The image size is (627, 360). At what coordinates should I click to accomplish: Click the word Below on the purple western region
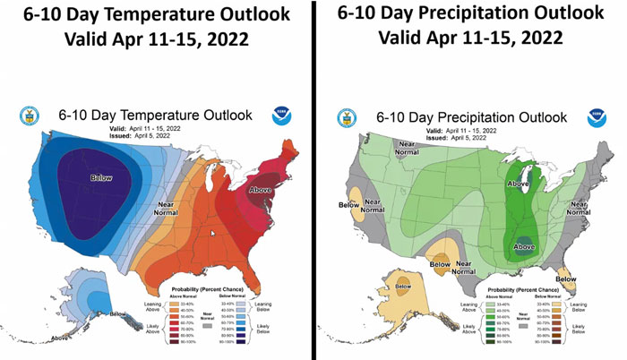click(99, 178)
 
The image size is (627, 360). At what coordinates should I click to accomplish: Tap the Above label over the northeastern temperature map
click(261, 189)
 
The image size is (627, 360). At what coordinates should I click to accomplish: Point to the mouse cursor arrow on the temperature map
click(212, 234)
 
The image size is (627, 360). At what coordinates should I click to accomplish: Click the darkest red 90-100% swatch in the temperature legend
click(175, 341)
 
